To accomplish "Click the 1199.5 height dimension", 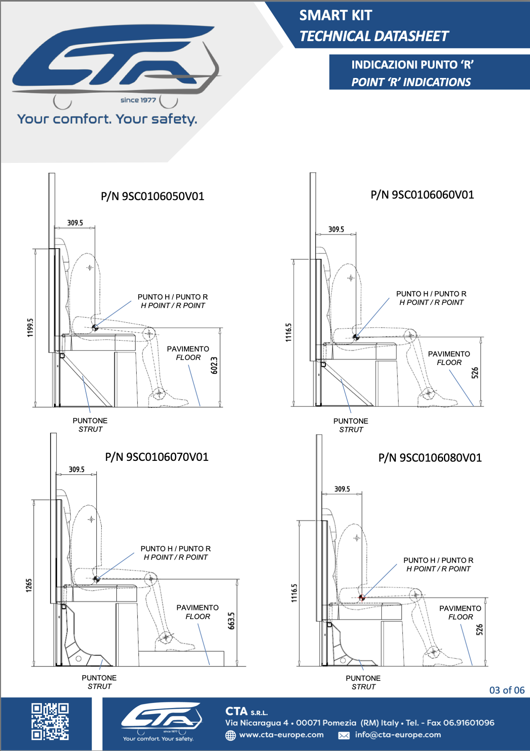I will [x=31, y=327].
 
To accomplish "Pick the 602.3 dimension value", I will [x=214, y=365].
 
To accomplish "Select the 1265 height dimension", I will [x=29, y=585].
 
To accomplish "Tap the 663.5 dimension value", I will [x=231, y=621].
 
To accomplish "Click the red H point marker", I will [x=362, y=598].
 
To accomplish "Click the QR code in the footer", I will [x=50, y=721].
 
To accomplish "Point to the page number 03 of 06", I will [x=507, y=690].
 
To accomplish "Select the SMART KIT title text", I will [x=335, y=15].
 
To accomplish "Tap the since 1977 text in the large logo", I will [x=138, y=100].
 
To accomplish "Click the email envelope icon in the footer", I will [x=344, y=735].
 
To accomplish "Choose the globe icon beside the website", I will [x=231, y=735].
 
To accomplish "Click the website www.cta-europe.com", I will [x=281, y=735].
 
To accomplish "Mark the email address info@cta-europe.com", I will [x=398, y=735].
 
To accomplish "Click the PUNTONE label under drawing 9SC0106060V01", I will [x=351, y=421].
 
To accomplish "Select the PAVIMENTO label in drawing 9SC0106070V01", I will [x=197, y=608].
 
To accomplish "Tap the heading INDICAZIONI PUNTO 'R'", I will [x=412, y=65].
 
